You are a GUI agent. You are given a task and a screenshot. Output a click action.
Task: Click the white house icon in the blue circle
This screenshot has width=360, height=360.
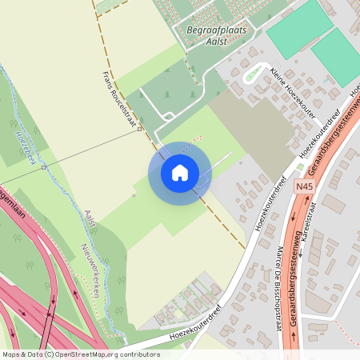[179, 172]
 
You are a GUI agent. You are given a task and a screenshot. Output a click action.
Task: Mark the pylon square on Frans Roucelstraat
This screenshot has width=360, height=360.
[139, 128]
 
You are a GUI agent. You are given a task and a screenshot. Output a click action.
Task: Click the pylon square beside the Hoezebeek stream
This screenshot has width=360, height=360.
[44, 166]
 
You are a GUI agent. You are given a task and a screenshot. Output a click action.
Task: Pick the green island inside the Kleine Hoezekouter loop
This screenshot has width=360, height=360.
[254, 75]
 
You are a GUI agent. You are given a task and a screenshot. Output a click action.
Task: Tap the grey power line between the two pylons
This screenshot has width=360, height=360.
[92, 147]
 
